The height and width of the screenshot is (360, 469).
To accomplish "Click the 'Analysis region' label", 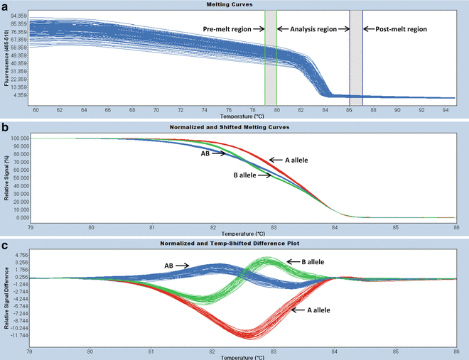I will click(307, 29).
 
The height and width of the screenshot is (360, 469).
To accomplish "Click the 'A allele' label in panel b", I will click(302, 161).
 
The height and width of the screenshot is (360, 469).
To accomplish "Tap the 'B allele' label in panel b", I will click(245, 175).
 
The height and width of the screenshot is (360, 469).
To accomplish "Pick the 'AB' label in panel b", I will click(205, 153).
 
